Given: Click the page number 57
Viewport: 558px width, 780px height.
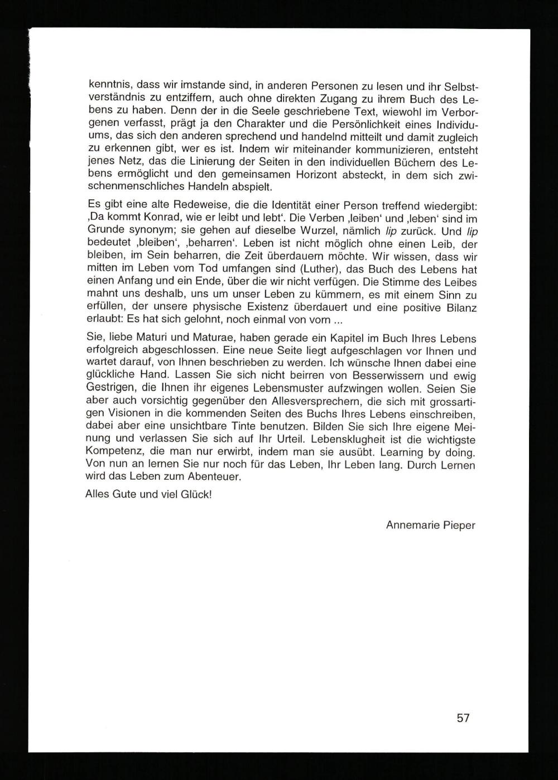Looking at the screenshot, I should coord(463,718).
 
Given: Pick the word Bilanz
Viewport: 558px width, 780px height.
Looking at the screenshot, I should coord(461,307).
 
